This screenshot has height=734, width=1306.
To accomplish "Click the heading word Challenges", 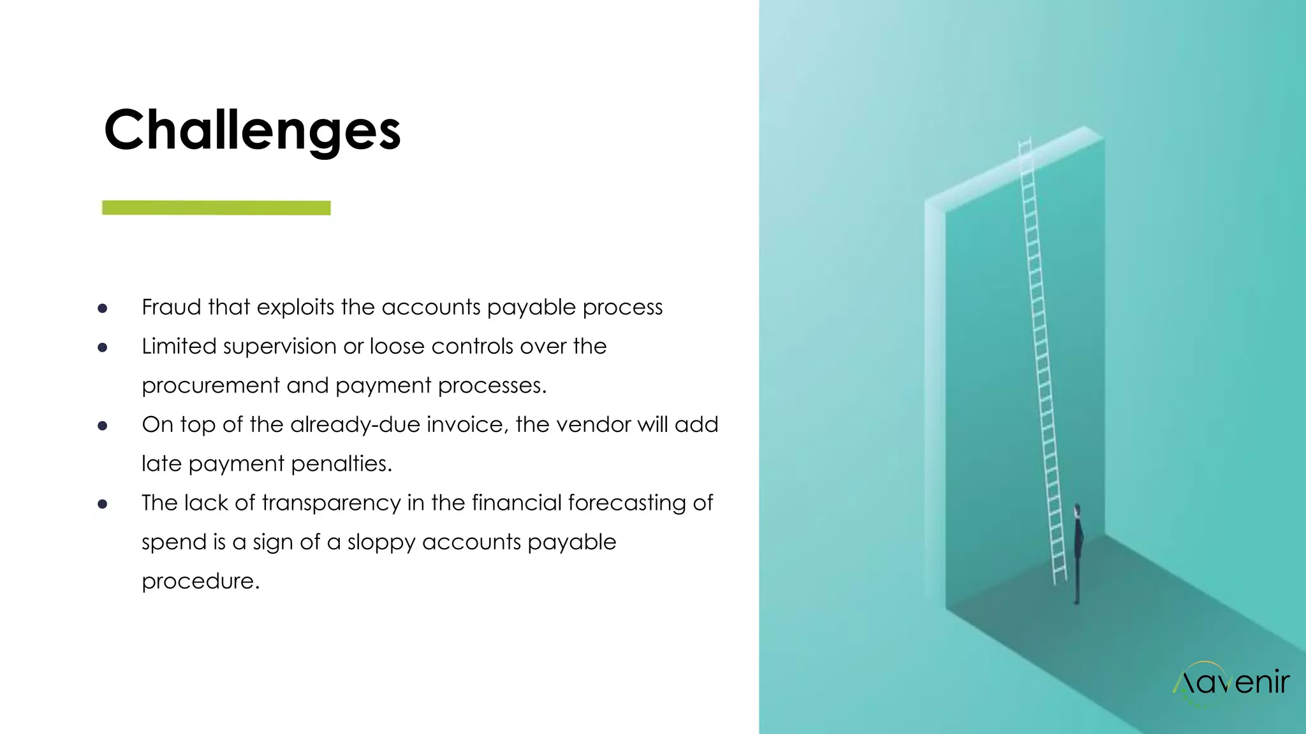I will [252, 131].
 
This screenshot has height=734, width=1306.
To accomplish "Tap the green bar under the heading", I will [216, 208].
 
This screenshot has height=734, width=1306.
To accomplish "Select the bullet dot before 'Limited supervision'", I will [102, 348].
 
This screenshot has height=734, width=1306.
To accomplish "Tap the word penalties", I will [341, 464].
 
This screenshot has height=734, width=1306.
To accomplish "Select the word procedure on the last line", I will [200, 581].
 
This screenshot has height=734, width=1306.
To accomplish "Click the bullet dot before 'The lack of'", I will [102, 504].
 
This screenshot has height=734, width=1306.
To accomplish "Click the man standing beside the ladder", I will [1078, 551].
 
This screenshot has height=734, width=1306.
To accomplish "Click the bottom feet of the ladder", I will [1059, 580].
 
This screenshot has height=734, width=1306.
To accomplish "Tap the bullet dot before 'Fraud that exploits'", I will [102, 309].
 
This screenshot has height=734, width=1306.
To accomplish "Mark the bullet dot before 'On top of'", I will [102, 426].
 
